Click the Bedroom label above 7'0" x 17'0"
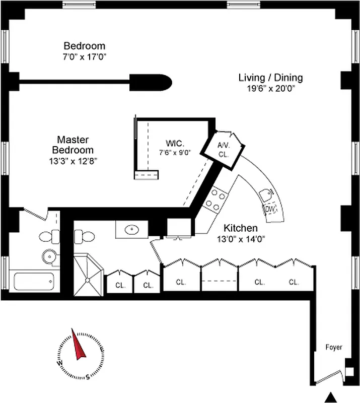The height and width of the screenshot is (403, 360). [84, 46]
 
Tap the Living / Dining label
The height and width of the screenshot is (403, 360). [270, 78]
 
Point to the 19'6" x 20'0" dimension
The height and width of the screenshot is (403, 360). [270, 88]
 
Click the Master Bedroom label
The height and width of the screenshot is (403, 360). [73, 145]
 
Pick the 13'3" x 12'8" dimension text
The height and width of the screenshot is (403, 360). [73, 161]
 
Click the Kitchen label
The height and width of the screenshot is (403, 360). [241, 228]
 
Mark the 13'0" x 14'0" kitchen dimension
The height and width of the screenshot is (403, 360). [241, 239]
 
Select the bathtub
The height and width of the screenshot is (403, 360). [34, 281]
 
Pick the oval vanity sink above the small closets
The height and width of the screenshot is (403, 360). [132, 230]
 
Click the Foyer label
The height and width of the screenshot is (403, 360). [333, 348]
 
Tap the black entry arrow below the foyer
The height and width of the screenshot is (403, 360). [331, 396]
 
